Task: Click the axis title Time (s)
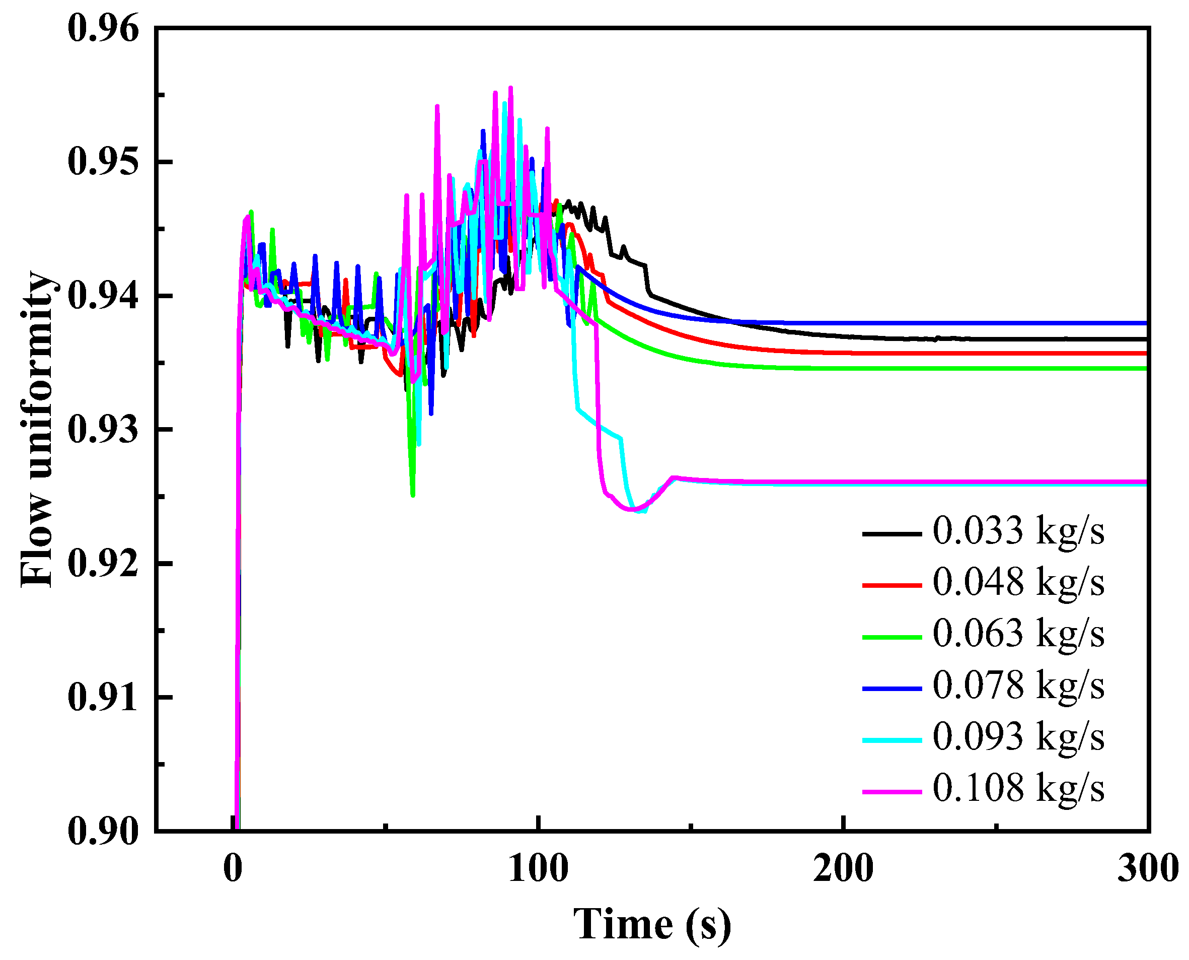coord(652,924)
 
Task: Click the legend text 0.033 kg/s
coord(1018,531)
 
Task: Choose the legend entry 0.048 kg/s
coord(1018,583)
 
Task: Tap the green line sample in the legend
coord(891,637)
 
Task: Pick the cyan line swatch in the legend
coord(891,740)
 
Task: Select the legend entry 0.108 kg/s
coord(1018,789)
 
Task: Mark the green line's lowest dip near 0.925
coord(413,495)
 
